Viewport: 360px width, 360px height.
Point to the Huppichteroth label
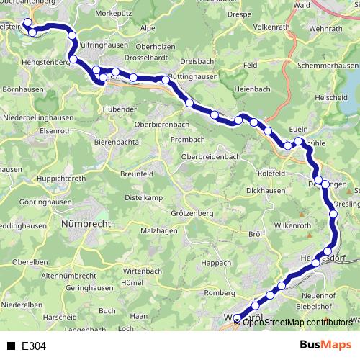pyautogui.click(x=45, y=176)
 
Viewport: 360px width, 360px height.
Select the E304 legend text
pyautogui.click(x=33, y=346)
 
